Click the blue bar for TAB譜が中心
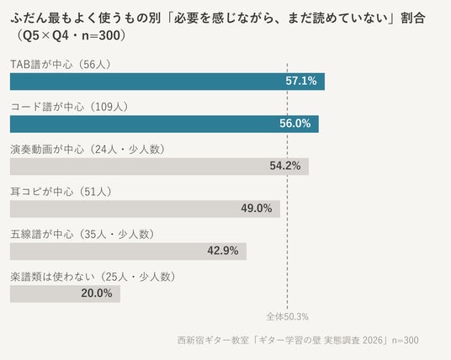167,82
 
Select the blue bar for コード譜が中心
164,124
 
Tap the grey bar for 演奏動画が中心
159,167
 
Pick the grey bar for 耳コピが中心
145,209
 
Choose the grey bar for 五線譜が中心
128,251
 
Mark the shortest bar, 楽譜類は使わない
65,294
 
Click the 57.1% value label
301,81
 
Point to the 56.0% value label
295,124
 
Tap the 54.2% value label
285,166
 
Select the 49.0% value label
257,209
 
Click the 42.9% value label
223,251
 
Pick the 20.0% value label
97,294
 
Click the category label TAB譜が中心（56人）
61,65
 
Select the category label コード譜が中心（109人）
69,107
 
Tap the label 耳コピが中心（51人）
61,192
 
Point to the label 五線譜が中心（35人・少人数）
82,235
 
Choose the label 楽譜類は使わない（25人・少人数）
93,277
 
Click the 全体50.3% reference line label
287,317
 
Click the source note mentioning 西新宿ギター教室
298,341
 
